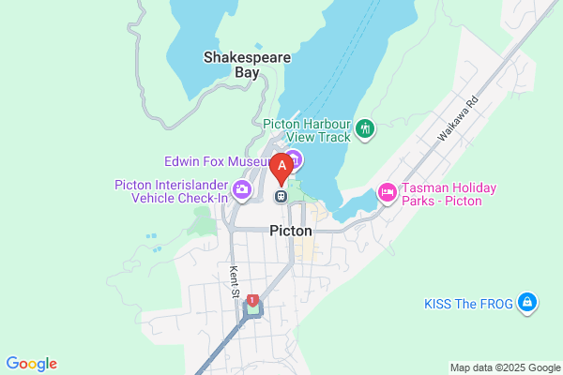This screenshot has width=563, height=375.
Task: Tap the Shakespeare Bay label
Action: coord(247,64)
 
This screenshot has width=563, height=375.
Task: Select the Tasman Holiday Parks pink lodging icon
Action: coord(386,193)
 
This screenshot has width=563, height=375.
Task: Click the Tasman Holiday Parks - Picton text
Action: coord(449,194)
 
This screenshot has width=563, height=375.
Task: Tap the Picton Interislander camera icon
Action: coord(243,190)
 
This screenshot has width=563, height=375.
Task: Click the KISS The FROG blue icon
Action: coord(527,302)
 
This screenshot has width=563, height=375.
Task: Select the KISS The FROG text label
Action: coord(466,303)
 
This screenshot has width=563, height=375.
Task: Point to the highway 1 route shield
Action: coord(251,300)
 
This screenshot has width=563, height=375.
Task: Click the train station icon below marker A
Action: coord(281,196)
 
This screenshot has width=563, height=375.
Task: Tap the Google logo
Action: coord(31,364)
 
